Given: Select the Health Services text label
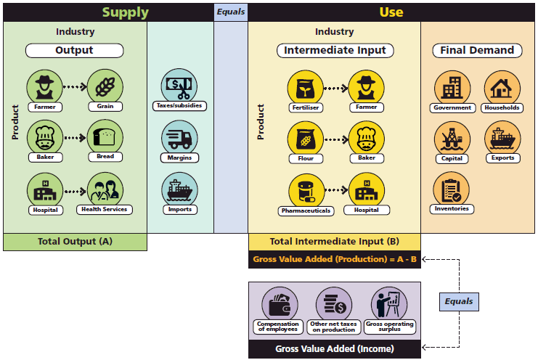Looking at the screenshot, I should coord(104,209).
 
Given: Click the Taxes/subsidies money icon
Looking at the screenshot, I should coord(179,85).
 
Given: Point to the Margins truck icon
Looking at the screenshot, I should coord(179,137).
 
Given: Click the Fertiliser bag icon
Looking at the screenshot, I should coord(305,87).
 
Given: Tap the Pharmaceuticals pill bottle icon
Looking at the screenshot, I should coord(305,191).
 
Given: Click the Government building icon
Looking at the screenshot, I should coord(452,88).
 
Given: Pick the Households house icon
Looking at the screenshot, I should coord(502,88).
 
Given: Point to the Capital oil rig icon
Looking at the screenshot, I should coord(452,137).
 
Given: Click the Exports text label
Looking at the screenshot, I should coord(502,157).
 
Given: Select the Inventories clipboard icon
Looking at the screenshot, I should coord(452,188).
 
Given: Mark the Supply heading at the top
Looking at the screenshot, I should coord(125,12).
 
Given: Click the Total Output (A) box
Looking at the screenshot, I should coord(75,242).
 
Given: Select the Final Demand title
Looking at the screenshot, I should coord(477,50).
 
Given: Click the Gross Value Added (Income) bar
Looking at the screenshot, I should coord(334,349).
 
